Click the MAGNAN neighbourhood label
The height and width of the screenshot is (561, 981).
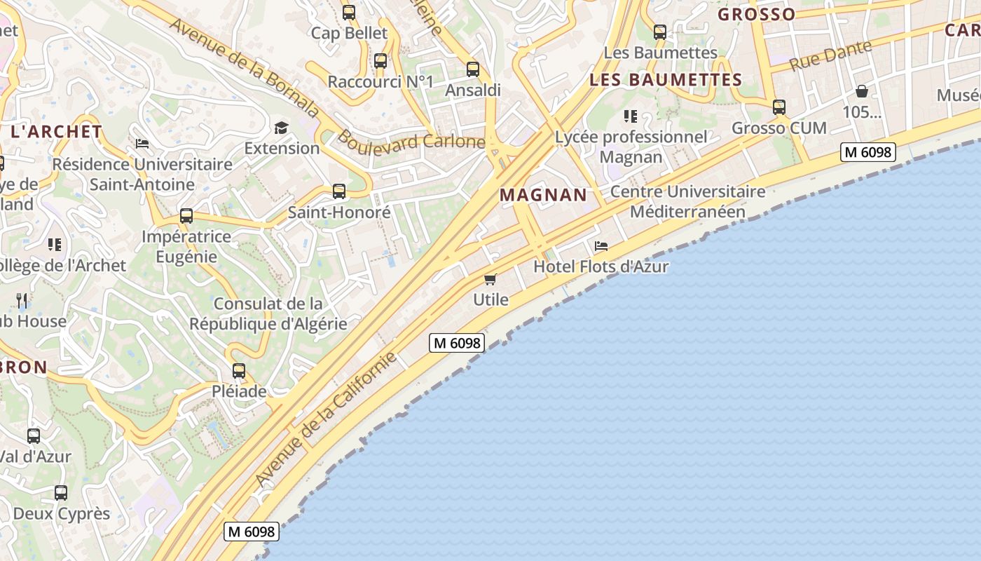543,195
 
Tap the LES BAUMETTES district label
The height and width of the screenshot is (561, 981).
666,80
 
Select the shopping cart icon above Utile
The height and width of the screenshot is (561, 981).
490,280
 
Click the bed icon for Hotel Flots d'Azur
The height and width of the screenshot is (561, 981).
601,246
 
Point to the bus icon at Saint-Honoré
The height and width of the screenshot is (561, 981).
339,191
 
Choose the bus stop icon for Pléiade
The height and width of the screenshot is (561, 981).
239,370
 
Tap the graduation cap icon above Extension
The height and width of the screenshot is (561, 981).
281,128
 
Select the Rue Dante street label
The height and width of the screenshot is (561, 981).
831,55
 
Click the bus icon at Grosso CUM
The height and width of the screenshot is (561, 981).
778,107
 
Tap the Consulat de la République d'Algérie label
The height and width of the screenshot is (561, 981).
268,313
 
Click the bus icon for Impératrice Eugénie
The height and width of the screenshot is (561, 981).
186,216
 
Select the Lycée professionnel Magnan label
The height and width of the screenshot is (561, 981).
631,147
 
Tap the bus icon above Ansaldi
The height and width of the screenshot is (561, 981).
473,69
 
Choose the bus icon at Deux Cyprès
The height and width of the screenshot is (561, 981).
61,492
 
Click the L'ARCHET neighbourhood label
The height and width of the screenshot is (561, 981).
57,131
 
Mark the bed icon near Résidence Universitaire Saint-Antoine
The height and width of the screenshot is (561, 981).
142,144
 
